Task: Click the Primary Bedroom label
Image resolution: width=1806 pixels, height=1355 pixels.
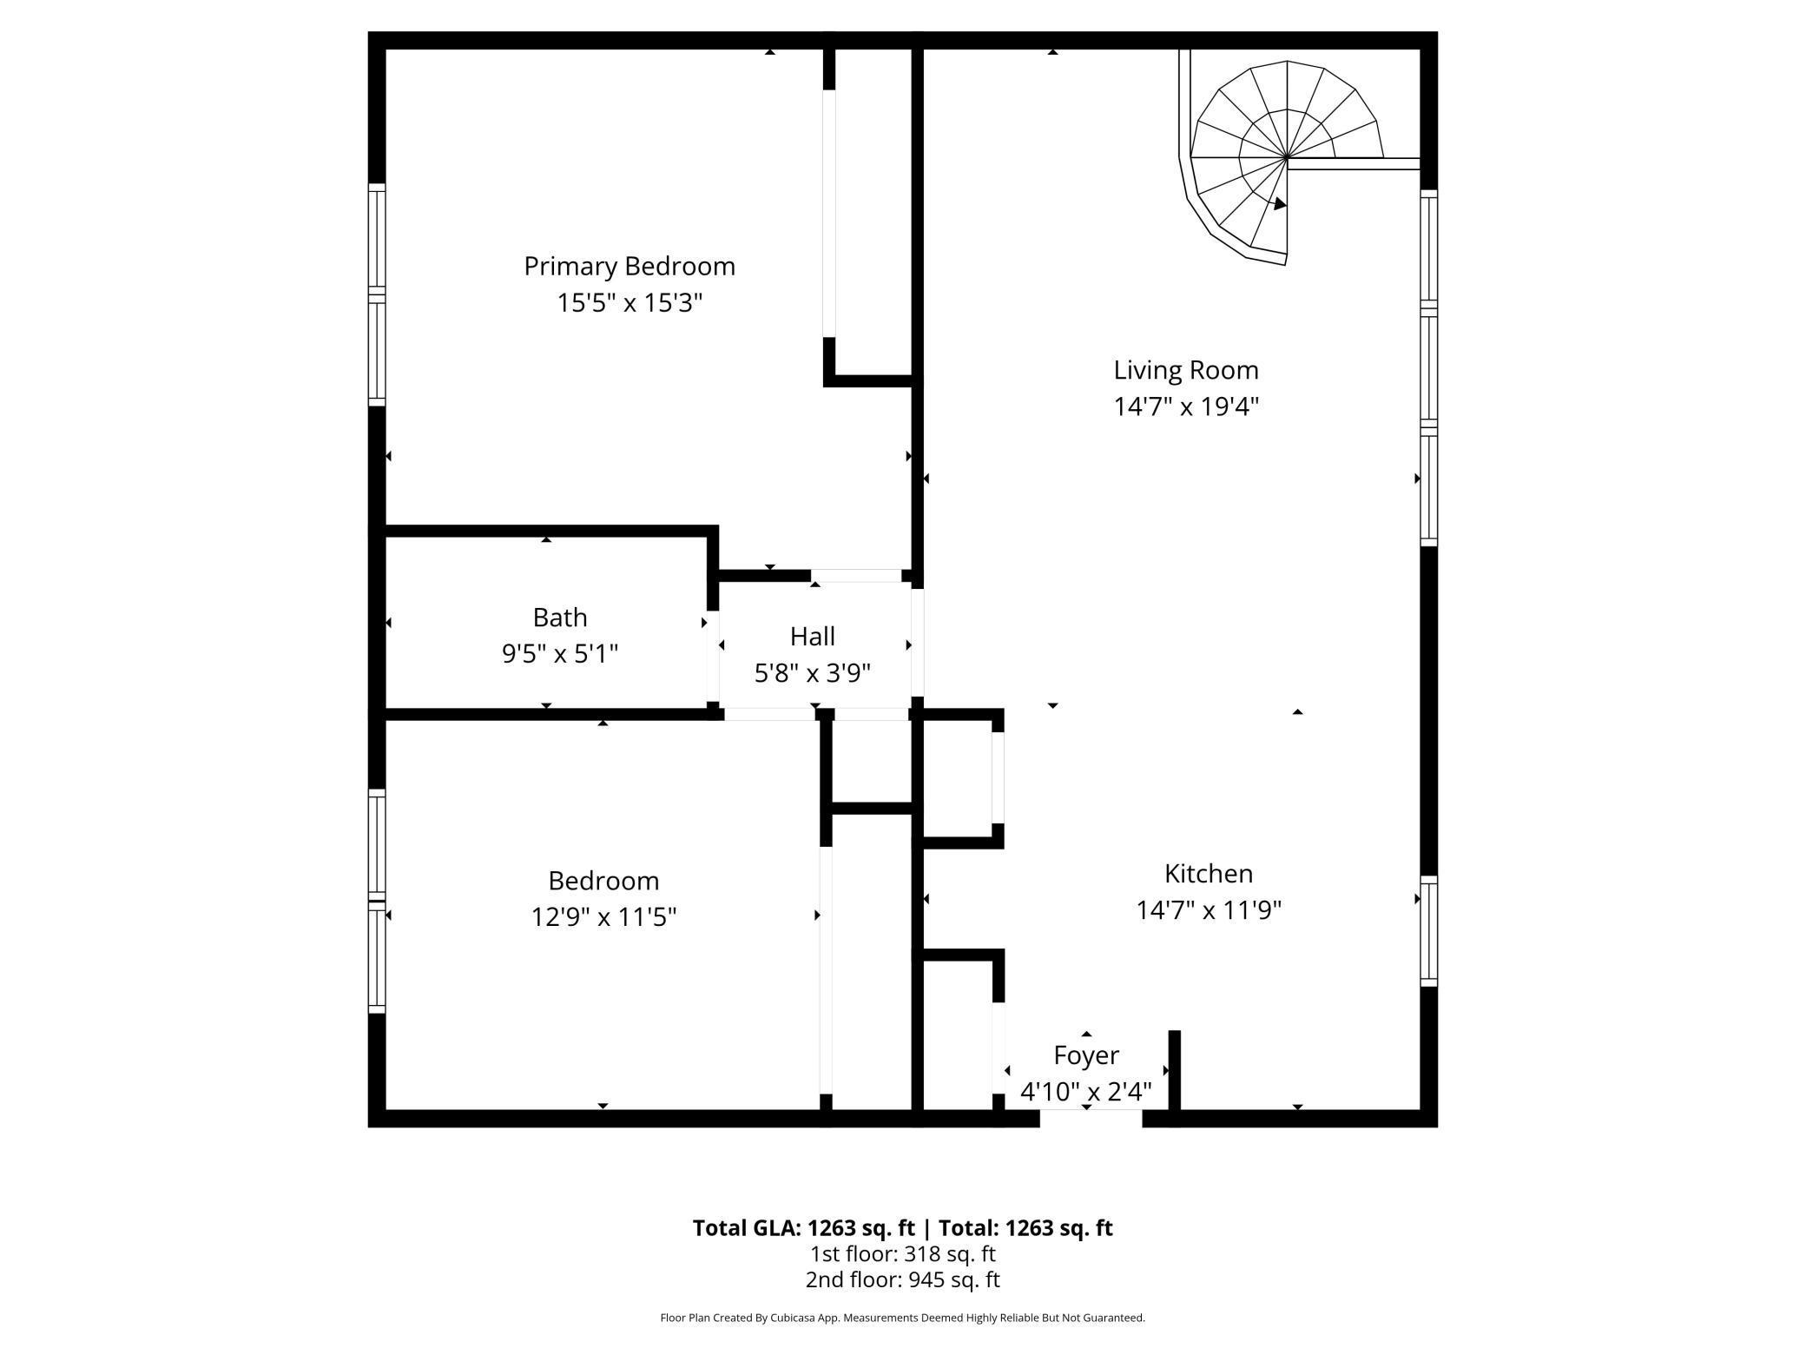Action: (629, 266)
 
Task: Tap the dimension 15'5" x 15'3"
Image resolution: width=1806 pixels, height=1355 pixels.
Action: (629, 303)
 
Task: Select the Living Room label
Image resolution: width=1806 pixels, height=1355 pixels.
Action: (1186, 370)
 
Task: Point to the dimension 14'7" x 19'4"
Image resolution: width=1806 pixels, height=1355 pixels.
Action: (1186, 406)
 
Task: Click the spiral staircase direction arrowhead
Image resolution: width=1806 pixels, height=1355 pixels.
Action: (1280, 204)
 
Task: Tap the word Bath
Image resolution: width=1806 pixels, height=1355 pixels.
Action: (560, 618)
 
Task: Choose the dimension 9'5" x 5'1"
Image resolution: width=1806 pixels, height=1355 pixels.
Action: (560, 654)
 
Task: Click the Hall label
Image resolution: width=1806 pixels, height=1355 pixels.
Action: (813, 637)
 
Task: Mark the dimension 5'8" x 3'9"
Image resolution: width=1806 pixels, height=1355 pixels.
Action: (813, 673)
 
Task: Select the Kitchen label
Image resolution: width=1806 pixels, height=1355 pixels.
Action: (1209, 874)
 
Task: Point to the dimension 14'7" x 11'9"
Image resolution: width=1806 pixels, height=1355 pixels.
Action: (1209, 910)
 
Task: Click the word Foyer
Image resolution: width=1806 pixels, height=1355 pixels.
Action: (1086, 1055)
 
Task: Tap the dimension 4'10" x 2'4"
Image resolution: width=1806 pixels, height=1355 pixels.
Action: (1086, 1092)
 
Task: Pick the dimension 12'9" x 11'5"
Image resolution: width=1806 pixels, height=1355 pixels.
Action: (603, 917)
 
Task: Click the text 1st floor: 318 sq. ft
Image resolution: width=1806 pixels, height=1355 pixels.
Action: (903, 1254)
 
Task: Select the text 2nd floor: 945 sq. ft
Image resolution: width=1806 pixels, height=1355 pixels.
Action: (903, 1279)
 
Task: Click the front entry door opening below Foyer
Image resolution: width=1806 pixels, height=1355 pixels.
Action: (1091, 1118)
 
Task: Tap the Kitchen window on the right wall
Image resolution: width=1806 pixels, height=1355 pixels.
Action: (1428, 931)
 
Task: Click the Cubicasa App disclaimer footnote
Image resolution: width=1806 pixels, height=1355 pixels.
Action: (903, 1318)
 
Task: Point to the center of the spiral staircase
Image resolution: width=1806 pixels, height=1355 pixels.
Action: (1287, 159)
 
